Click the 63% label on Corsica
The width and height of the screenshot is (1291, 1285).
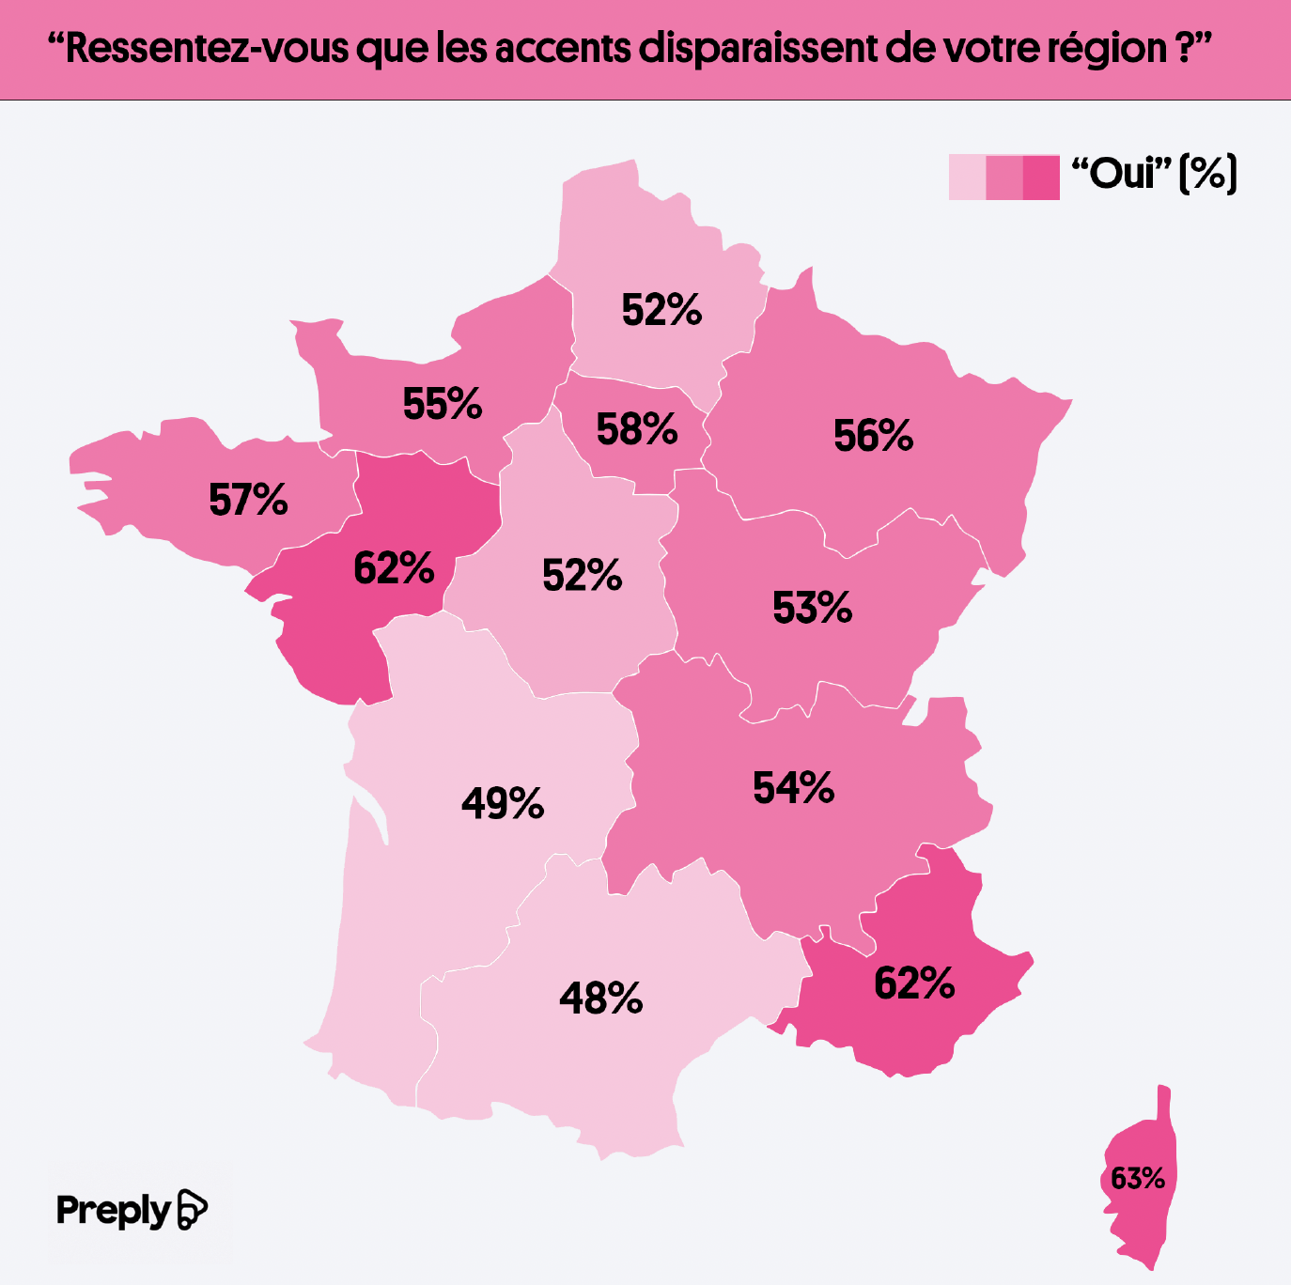pyautogui.click(x=1137, y=1178)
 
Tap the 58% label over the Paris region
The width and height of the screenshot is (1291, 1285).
pyautogui.click(x=636, y=429)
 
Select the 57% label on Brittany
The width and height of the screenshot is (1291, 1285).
pyautogui.click(x=248, y=500)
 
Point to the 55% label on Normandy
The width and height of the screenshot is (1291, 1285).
pyautogui.click(x=442, y=404)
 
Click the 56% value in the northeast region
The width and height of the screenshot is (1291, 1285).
pyautogui.click(x=873, y=436)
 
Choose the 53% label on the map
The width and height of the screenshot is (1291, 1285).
pyautogui.click(x=812, y=608)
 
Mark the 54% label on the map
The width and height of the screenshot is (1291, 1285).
pyautogui.click(x=793, y=788)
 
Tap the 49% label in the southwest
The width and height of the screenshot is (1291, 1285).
pyautogui.click(x=503, y=803)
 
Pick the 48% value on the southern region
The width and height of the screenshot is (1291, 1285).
pyautogui.click(x=600, y=999)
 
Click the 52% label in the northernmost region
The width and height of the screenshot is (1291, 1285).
pyautogui.click(x=661, y=310)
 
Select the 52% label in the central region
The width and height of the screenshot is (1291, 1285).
pyautogui.click(x=582, y=575)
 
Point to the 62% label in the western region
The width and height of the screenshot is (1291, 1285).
pyautogui.click(x=394, y=568)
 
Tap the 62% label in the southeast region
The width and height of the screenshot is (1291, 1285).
pyautogui.click(x=914, y=983)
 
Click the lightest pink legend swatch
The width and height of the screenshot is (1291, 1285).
pyautogui.click(x=967, y=177)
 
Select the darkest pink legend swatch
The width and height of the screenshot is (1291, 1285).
pyautogui.click(x=1041, y=177)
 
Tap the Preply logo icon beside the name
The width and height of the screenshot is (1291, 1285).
pyautogui.click(x=192, y=1209)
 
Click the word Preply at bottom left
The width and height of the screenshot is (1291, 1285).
pyautogui.click(x=113, y=1210)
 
